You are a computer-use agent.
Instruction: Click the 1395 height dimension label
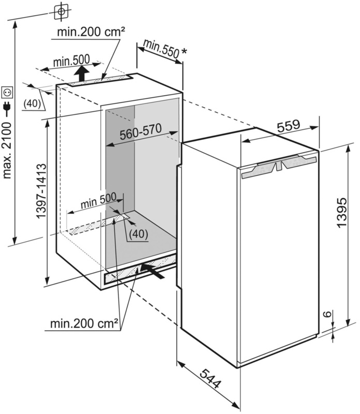(342, 212)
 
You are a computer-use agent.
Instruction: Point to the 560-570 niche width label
(140, 132)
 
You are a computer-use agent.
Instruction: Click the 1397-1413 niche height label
(41, 191)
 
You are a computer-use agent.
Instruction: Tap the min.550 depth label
(161, 49)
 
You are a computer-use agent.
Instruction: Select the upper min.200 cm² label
(92, 32)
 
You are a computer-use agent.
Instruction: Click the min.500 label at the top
(71, 61)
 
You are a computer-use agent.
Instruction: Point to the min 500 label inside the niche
(98, 201)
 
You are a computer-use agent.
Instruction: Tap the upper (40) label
(32, 104)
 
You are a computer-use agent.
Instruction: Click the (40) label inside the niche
(139, 234)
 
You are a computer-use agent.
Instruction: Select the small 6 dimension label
(327, 314)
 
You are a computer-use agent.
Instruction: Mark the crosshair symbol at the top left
(61, 11)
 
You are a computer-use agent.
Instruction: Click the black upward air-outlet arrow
(82, 73)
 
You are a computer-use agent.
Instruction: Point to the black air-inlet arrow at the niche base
(152, 271)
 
